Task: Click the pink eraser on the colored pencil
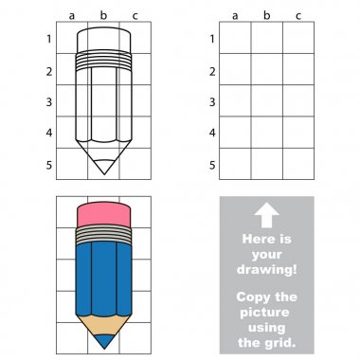coord(103,214)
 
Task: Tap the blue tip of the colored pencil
coord(104,341)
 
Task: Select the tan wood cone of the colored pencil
coord(104,325)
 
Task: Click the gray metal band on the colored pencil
coord(103,235)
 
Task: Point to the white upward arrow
coord(267,215)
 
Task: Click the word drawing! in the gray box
coord(267,269)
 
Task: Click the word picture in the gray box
coord(264,313)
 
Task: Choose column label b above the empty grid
coord(267,15)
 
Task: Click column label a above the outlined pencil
coord(72,16)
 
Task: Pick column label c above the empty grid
coord(298,16)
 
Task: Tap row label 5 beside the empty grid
coord(212,165)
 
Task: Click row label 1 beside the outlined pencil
coord(48,39)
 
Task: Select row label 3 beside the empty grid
coord(212,102)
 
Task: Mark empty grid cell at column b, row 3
coord(267,100)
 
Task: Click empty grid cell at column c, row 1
coord(298,38)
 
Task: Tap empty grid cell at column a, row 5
coord(235,164)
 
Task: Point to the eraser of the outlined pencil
coord(103,40)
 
